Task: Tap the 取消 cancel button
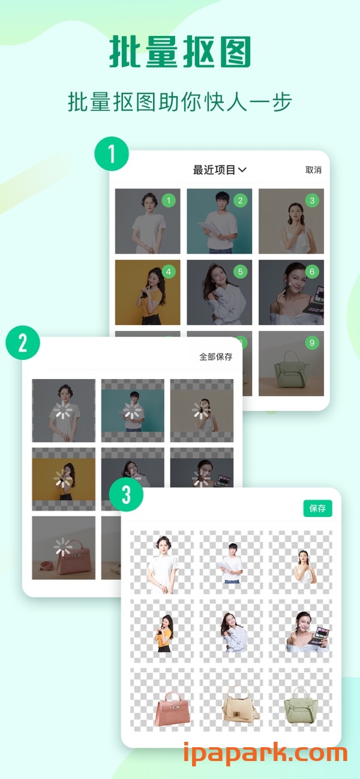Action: coord(313,170)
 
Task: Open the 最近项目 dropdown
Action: coord(220,170)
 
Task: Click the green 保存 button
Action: coord(317,509)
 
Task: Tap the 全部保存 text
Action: coord(215,357)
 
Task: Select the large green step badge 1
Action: coord(112,154)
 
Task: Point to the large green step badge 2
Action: coord(23,342)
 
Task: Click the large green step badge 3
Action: coord(127,495)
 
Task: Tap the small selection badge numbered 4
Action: coord(168,272)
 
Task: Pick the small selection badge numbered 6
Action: coord(311,272)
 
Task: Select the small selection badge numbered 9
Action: coord(311,343)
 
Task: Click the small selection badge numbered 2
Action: coord(240,200)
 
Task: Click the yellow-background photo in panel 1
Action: coord(147,292)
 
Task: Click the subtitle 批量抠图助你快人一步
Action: coord(180,102)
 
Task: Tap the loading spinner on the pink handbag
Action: coord(61,547)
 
